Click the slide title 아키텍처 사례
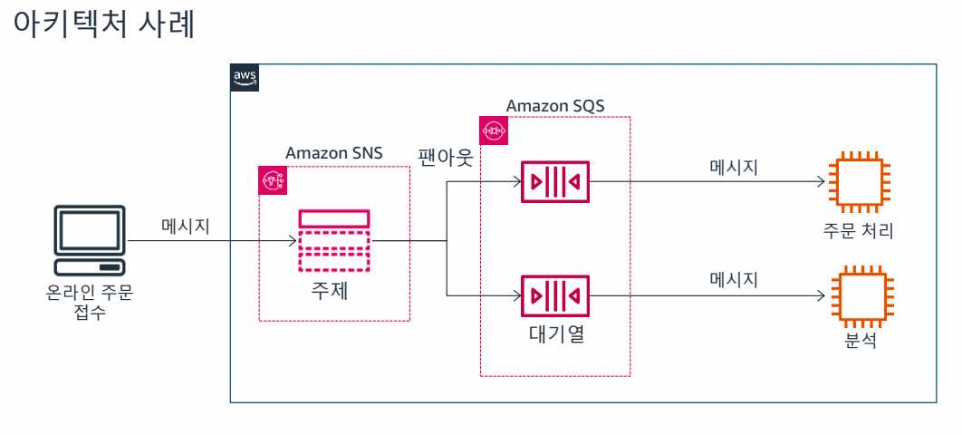coord(107,25)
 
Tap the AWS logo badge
coord(245,78)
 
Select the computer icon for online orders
coord(89,240)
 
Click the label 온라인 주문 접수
coord(89,304)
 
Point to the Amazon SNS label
coord(333,153)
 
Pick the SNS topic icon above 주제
coord(333,240)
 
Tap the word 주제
coord(333,293)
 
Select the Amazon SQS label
coord(554,106)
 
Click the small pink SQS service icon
coord(494,130)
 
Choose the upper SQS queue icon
coord(555,183)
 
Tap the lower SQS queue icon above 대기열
coord(555,296)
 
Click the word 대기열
coord(555,334)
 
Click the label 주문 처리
coord(858,231)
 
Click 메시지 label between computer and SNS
coord(186,226)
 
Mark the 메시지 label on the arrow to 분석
coord(734,279)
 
